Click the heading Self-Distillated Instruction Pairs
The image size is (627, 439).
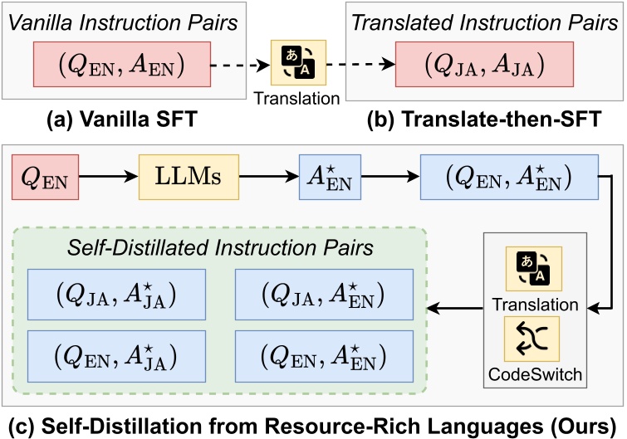pyautogui.click(x=221, y=246)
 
